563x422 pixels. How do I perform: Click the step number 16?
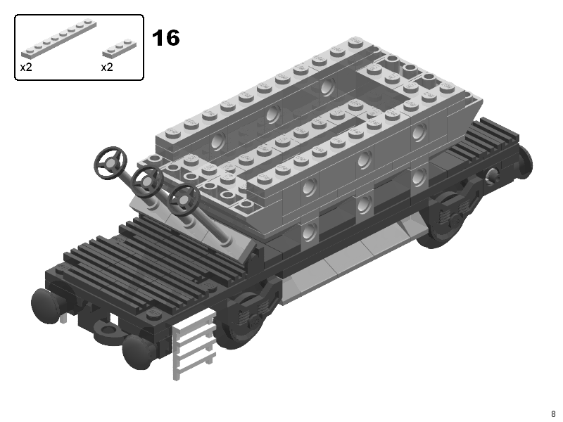pyautogui.click(x=166, y=38)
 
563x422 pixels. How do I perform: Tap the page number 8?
pyautogui.click(x=553, y=414)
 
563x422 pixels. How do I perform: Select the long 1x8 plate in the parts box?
pyautogui.click(x=59, y=39)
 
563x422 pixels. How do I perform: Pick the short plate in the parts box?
pyautogui.click(x=119, y=48)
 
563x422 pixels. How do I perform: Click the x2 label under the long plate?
pyautogui.click(x=26, y=68)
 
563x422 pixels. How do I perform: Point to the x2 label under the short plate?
pyautogui.click(x=107, y=68)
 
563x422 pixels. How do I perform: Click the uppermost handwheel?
pyautogui.click(x=110, y=162)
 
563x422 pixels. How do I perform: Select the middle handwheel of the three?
pyautogui.click(x=147, y=182)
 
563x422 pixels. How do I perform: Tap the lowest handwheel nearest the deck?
pyautogui.click(x=184, y=200)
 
